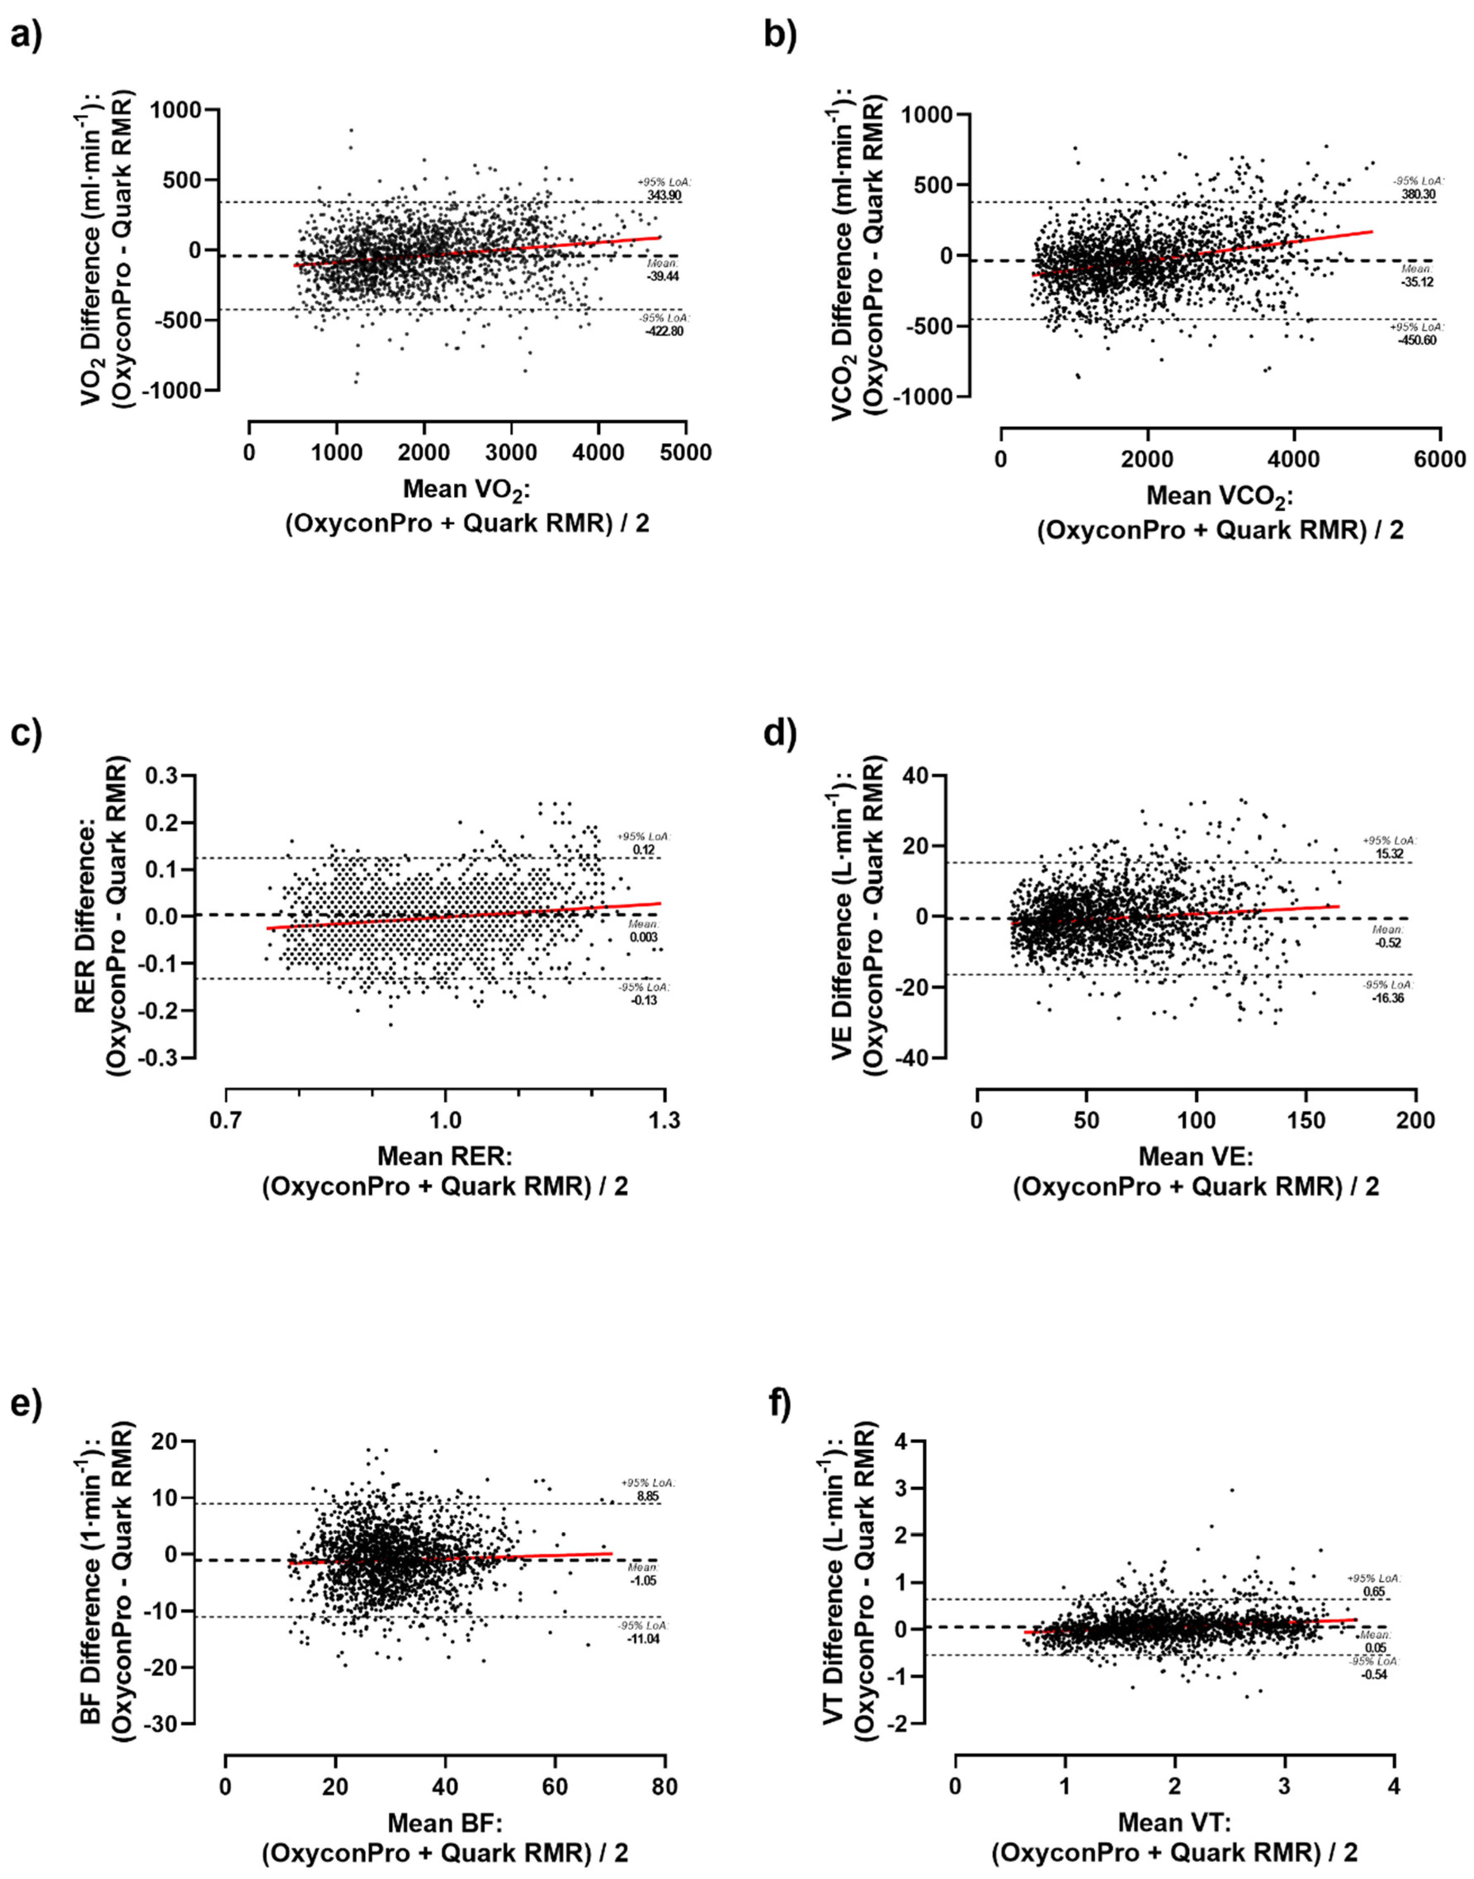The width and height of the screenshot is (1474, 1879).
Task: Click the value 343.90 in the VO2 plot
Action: coord(665,196)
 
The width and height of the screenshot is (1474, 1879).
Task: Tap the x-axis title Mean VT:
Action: coord(1174,1823)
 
